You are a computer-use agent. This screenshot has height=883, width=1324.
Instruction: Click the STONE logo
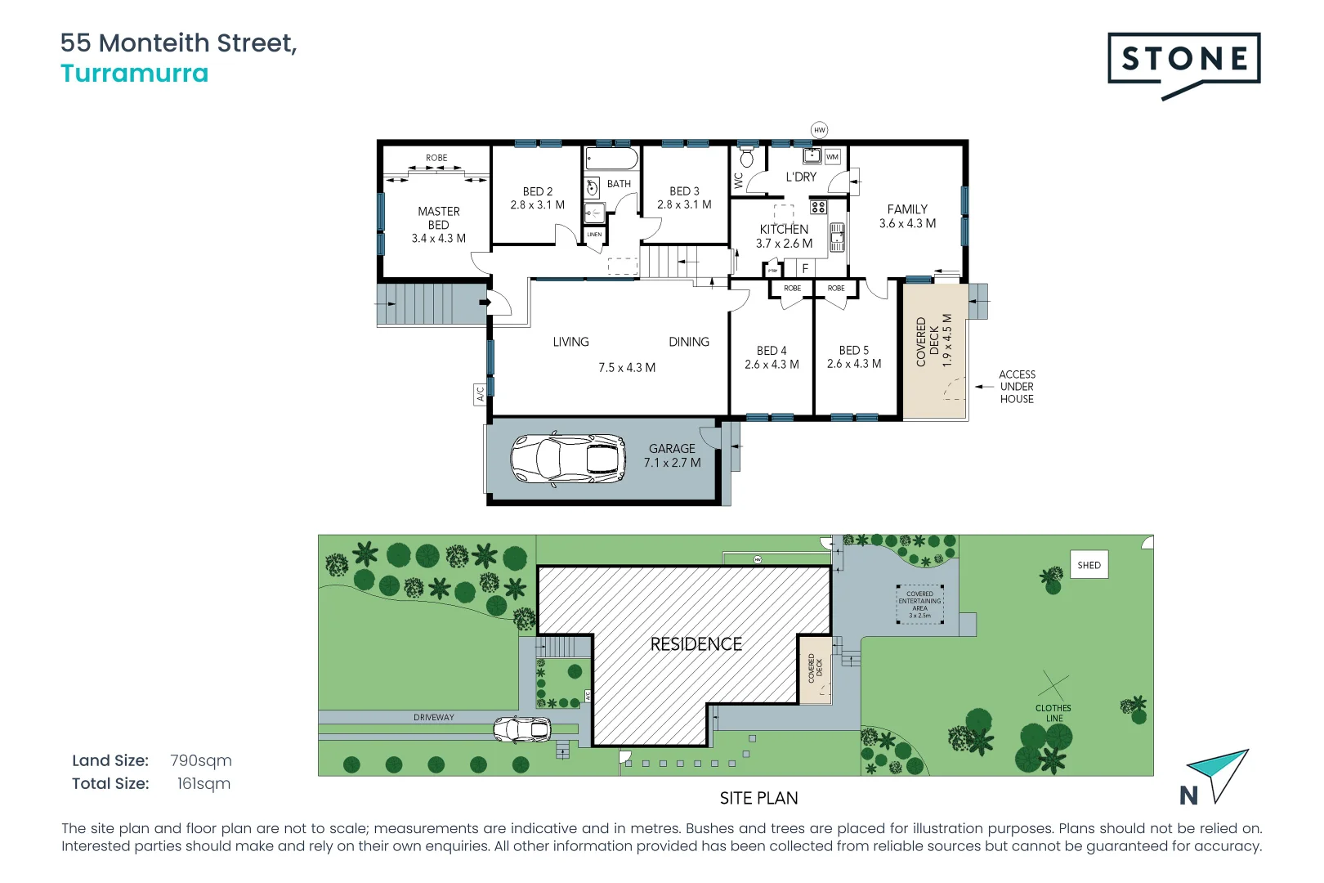pos(1183,60)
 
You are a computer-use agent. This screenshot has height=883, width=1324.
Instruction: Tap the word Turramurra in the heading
pos(135,74)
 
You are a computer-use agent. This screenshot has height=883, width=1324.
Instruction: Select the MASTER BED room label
pos(439,217)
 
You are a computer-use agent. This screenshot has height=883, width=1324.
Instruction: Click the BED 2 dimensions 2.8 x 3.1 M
pos(537,205)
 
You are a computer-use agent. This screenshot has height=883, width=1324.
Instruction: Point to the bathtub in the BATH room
pos(611,158)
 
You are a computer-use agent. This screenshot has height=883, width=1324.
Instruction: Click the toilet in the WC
pos(746,157)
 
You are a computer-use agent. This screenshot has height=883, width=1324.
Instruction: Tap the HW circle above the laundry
pos(819,130)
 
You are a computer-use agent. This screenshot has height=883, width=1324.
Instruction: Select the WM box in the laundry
pos(832,157)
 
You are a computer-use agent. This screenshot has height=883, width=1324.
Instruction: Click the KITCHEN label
pos(784,230)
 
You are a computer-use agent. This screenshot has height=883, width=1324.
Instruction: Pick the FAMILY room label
pos(907,209)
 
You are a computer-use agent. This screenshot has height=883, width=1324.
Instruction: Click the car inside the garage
pos(568,458)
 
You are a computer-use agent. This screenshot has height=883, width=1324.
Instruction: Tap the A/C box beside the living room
pos(481,394)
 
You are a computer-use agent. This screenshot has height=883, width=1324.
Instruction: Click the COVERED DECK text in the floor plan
pos(927,342)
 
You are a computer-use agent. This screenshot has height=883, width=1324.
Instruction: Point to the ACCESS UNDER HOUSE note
pos(1017,387)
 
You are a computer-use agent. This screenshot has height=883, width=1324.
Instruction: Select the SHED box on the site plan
pos(1089,565)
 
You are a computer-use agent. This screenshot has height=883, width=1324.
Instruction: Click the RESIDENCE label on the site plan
pos(696,644)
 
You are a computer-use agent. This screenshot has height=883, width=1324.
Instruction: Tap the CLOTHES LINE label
pos(1053,713)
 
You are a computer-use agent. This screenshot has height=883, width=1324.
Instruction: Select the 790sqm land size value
pos(201,760)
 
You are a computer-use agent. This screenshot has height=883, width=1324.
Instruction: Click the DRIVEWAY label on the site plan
pos(433,718)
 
